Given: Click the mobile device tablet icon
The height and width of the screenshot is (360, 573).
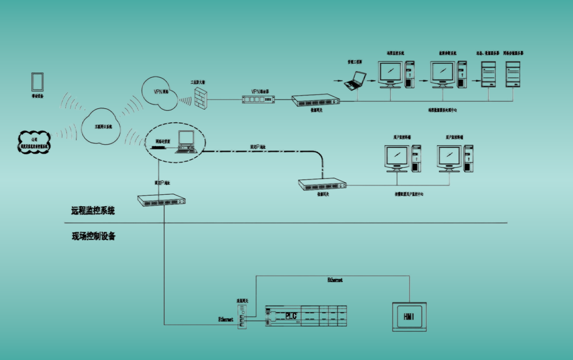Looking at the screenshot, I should (x=38, y=82).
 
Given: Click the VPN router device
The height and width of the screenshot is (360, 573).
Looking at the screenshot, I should (x=258, y=100).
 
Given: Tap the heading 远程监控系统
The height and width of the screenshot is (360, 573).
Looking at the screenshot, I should (x=93, y=210).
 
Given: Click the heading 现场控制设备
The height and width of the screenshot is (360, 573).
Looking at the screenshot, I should (x=93, y=237).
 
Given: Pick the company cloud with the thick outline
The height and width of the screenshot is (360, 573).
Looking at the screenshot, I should (x=35, y=143).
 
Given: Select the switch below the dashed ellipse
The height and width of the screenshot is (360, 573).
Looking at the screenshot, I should (x=163, y=201).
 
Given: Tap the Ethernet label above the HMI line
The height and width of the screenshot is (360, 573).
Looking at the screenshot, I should (x=335, y=280).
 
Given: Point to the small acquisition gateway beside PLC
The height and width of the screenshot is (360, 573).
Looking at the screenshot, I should (x=242, y=315).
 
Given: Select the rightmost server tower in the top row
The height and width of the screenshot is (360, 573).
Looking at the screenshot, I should (x=513, y=74).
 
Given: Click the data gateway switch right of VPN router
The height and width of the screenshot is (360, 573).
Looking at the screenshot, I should (x=315, y=101).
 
